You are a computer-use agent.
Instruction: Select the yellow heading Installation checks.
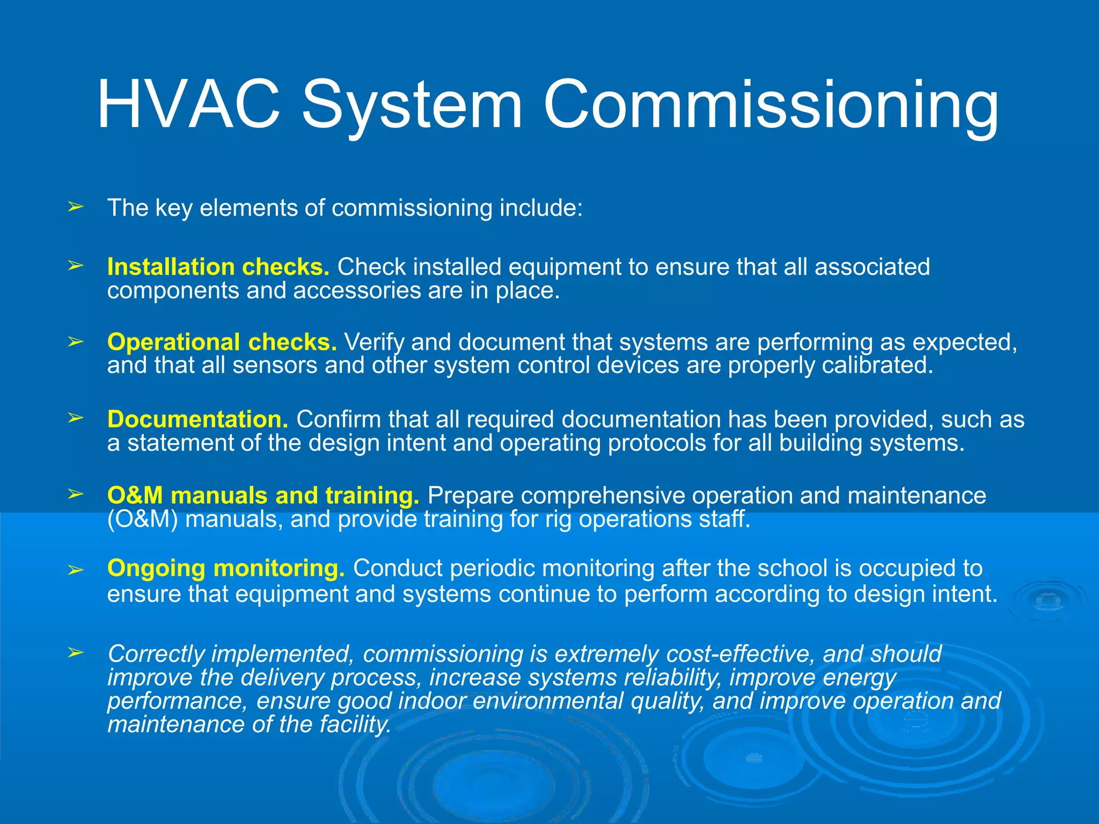point(218,267)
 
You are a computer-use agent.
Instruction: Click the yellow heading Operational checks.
point(222,342)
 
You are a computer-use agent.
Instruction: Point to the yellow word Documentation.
point(197,419)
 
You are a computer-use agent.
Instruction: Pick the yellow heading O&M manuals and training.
point(263,495)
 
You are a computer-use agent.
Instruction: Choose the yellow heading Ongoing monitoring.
point(225,568)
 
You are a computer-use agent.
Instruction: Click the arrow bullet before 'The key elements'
point(75,207)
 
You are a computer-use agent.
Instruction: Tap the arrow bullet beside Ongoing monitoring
point(75,570)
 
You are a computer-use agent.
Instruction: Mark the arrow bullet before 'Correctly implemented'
point(75,652)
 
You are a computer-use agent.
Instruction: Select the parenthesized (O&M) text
point(142,519)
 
